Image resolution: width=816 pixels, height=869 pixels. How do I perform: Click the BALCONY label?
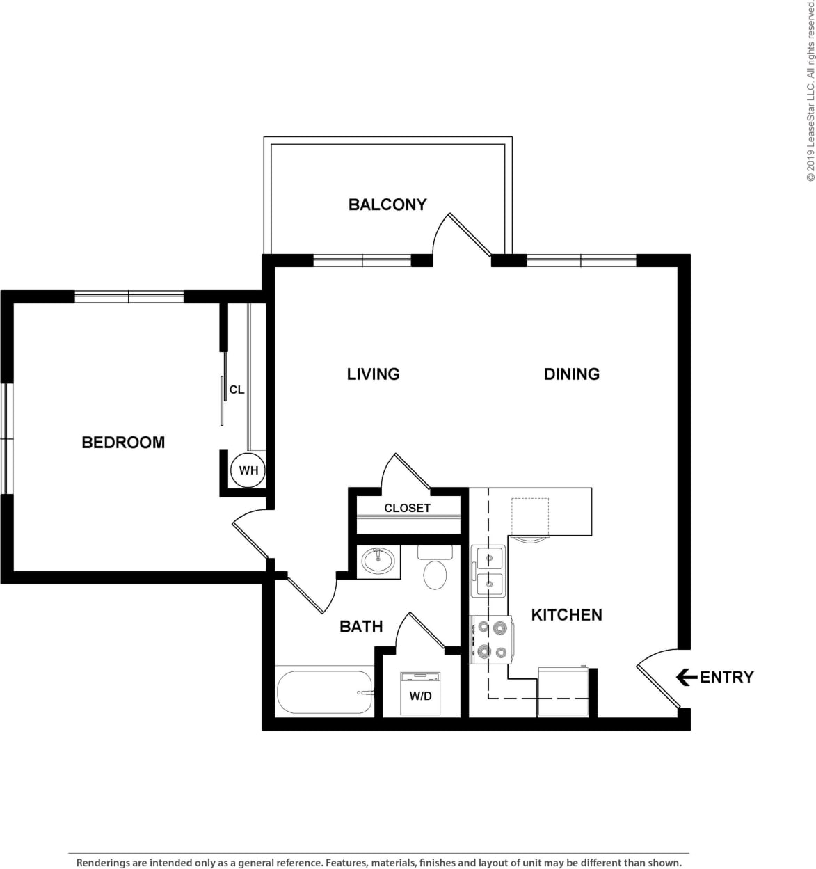pyautogui.click(x=387, y=205)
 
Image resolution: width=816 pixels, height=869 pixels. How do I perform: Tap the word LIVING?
pyautogui.click(x=373, y=374)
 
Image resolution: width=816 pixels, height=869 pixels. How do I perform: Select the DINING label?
pyautogui.click(x=571, y=374)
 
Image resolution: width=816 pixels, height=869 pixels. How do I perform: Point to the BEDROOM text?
pyautogui.click(x=123, y=443)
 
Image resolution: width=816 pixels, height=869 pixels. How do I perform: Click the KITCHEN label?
pyautogui.click(x=566, y=615)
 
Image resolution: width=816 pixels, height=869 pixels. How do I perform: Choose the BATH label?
pyautogui.click(x=361, y=627)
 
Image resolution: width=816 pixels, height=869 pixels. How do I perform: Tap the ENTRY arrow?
pyautogui.click(x=687, y=677)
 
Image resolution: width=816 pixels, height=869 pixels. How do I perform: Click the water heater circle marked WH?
pyautogui.click(x=248, y=470)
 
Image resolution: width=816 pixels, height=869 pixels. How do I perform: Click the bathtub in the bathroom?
pyautogui.click(x=324, y=692)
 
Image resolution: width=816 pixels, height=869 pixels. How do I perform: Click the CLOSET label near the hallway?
pyautogui.click(x=407, y=508)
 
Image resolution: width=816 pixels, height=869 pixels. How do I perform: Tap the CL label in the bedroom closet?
pyautogui.click(x=237, y=390)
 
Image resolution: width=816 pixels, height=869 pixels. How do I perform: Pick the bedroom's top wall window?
pyautogui.click(x=129, y=297)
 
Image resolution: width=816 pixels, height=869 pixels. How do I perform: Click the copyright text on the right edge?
pyautogui.click(x=810, y=101)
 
